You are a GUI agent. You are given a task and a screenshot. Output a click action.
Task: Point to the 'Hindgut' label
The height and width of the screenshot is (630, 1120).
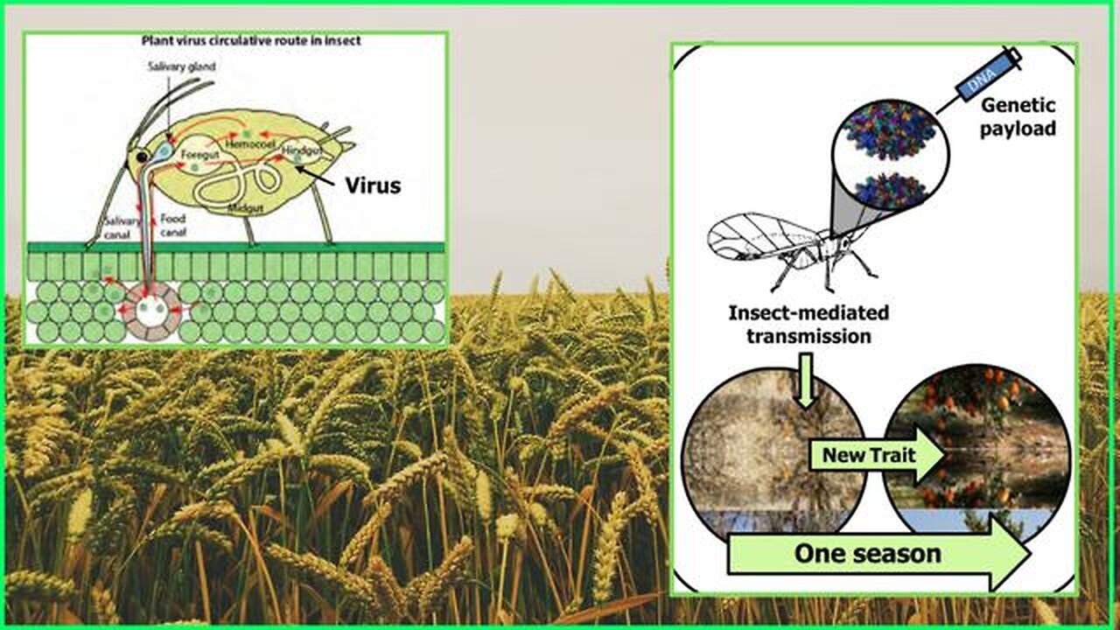point(301,151)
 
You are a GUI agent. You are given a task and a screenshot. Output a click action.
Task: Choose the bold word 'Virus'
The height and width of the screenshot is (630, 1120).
point(372,185)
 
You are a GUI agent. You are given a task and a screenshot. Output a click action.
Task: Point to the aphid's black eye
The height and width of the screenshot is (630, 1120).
point(141,157)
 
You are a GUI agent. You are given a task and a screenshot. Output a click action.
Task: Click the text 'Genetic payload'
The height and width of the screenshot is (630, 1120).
point(1018,116)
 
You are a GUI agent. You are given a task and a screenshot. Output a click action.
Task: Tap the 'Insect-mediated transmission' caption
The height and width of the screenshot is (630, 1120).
point(808,324)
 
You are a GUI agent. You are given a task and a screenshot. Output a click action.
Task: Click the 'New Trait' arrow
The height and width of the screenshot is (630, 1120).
point(875,456)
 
